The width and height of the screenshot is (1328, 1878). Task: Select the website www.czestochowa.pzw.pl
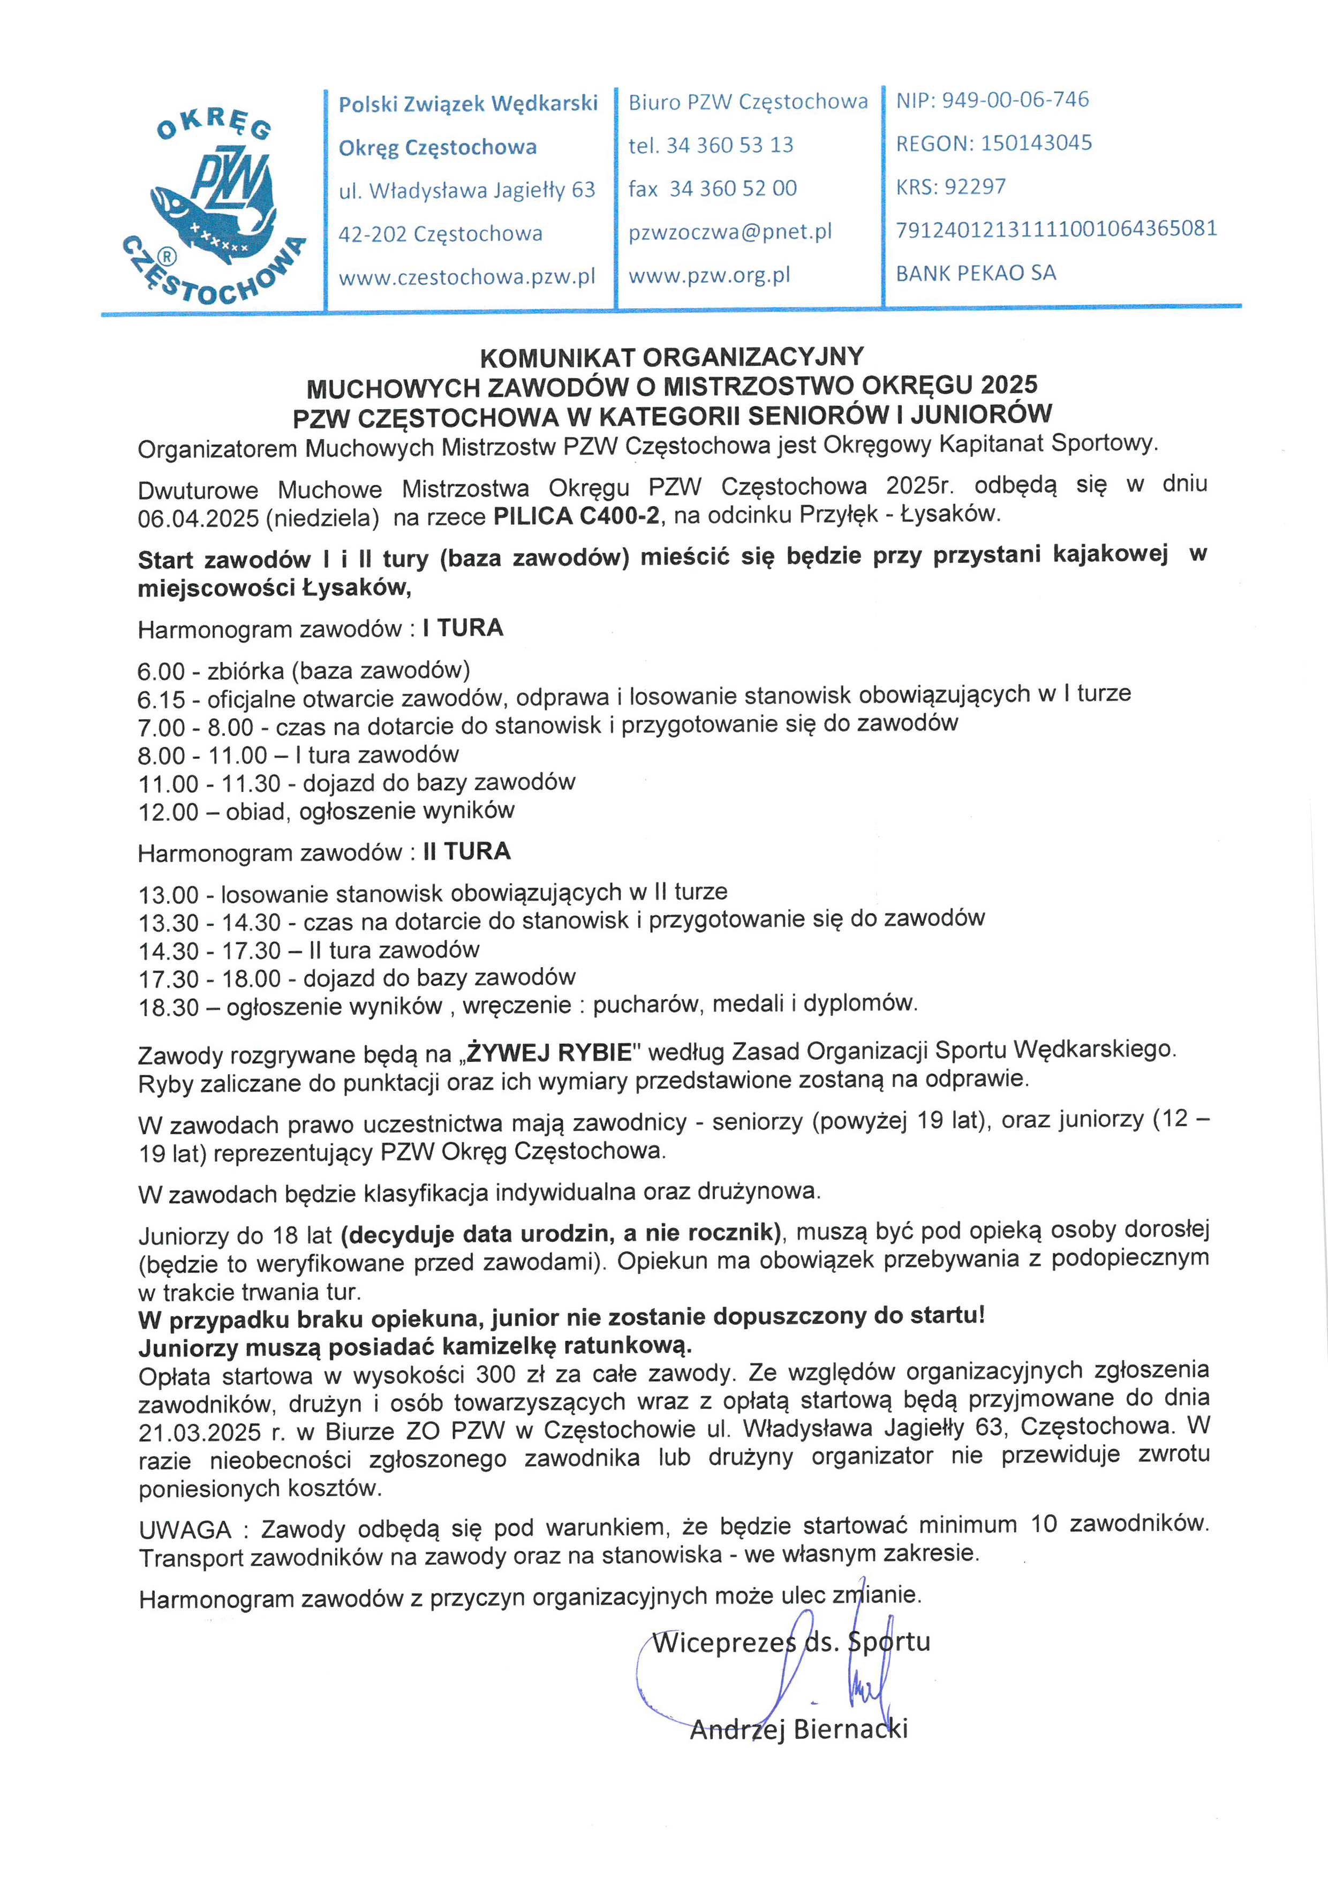467,277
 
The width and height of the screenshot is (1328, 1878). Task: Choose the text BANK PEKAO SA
976,273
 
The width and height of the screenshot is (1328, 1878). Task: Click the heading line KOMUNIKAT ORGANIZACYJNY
671,357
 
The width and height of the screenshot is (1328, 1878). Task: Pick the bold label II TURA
467,851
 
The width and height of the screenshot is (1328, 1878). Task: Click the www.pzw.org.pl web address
709,276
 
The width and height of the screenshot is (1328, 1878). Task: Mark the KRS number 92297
975,187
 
